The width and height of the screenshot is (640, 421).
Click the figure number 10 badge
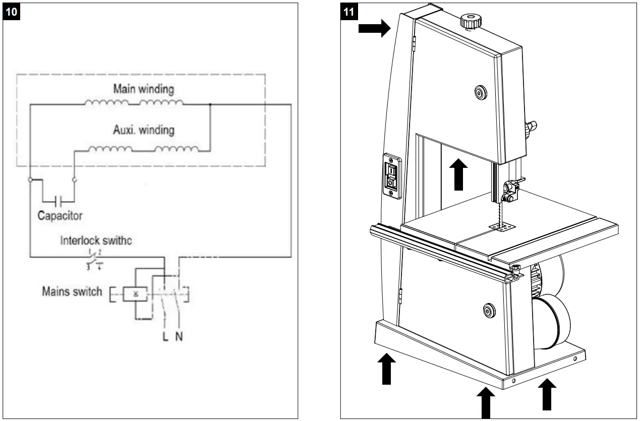[x=13, y=13]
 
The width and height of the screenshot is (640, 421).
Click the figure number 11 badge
[x=348, y=13]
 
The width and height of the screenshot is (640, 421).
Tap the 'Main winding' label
[x=143, y=89]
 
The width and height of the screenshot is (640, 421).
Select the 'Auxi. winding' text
[x=143, y=130]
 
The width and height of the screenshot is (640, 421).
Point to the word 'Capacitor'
[x=60, y=216]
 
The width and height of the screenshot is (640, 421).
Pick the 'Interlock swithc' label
[x=96, y=240]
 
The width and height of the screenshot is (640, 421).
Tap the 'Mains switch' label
[x=72, y=292]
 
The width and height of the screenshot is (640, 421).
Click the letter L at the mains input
[x=165, y=336]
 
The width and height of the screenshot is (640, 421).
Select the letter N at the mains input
[x=179, y=336]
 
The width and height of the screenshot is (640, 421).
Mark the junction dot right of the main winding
[x=209, y=105]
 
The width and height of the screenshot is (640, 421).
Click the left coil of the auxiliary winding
[x=110, y=149]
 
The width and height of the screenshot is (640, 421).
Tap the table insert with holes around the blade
[x=500, y=228]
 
